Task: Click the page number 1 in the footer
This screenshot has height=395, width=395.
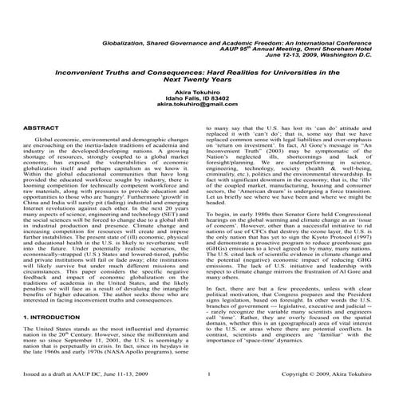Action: click(x=207, y=373)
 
